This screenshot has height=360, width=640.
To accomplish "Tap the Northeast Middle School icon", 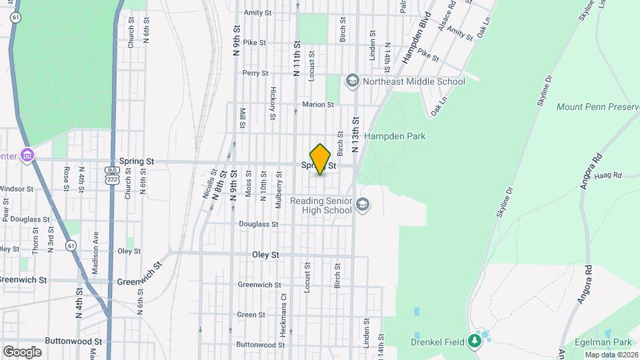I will [x=351, y=81].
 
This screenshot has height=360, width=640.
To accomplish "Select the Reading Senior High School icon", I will [x=363, y=205].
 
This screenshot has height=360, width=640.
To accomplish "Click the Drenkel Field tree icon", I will [x=475, y=341].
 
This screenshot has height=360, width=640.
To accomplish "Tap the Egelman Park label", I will [x=606, y=341].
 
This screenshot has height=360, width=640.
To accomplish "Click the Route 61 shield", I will [x=71, y=245].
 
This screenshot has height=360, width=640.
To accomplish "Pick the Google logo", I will [x=22, y=351].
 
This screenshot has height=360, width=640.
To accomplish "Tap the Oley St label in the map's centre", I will [x=265, y=255].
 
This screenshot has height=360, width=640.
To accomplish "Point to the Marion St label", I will [x=317, y=105].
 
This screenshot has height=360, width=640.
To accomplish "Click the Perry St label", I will [x=255, y=73].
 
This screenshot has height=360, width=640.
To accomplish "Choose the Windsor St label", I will [x=16, y=189].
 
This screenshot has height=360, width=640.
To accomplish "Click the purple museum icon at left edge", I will [x=27, y=156].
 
